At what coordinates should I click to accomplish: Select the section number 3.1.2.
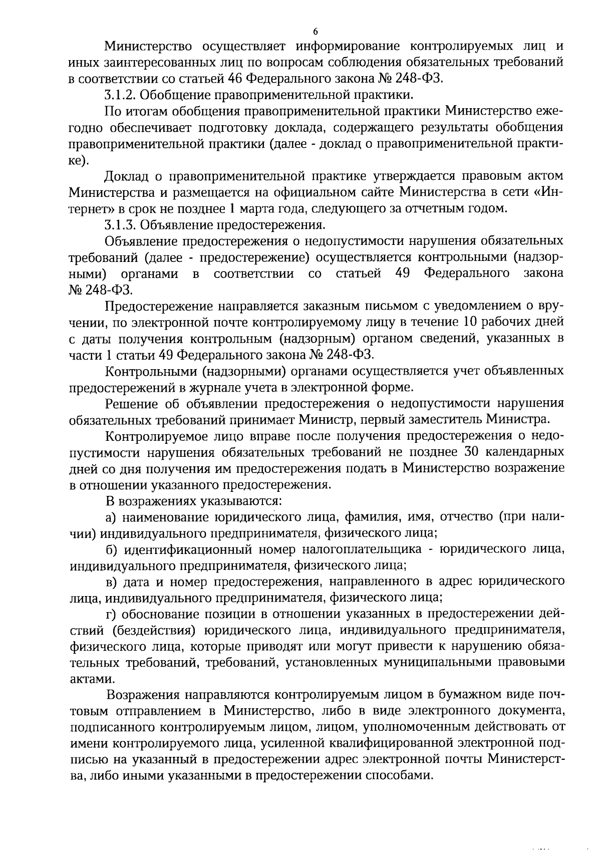click(x=118, y=95)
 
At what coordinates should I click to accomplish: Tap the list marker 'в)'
click(x=112, y=582)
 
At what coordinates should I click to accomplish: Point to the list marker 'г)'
click(x=111, y=615)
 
